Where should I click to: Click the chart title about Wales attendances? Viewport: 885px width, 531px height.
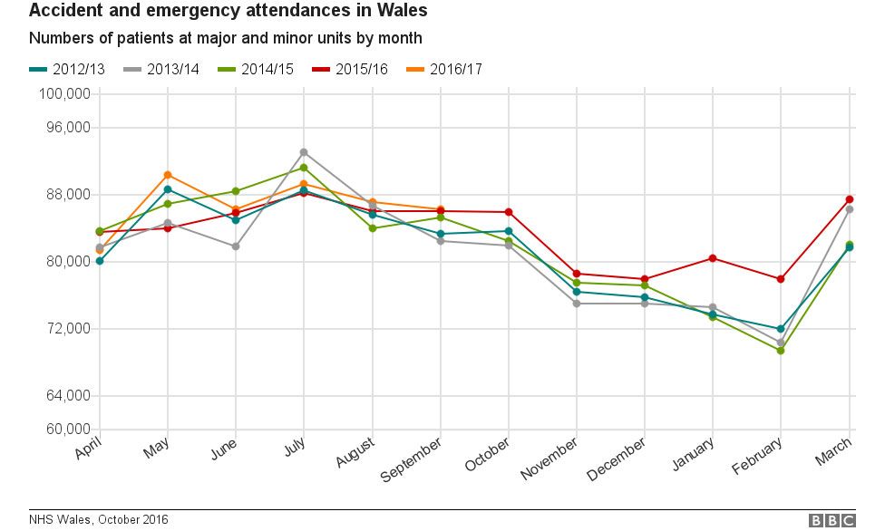click(228, 12)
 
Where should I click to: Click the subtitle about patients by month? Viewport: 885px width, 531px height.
click(225, 39)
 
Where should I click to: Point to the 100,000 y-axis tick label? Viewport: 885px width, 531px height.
click(63, 94)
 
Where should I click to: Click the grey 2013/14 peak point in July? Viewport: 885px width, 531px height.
click(304, 152)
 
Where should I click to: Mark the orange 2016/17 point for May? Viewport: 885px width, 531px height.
click(168, 175)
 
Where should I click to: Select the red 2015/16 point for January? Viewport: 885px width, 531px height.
click(713, 258)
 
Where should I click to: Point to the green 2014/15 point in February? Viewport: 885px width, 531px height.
click(781, 351)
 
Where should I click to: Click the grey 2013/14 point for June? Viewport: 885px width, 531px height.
click(236, 246)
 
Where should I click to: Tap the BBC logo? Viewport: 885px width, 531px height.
click(832, 520)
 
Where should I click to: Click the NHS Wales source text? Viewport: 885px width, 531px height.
click(98, 520)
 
